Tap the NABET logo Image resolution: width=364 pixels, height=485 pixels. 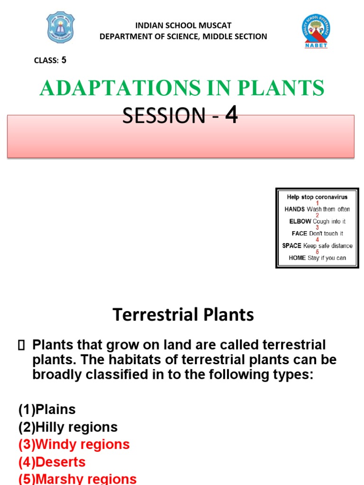coord(316,31)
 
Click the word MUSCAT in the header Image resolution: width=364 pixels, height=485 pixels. coord(214,26)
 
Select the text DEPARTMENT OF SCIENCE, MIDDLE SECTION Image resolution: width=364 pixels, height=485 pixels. coord(183,36)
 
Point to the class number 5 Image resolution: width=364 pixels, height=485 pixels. coord(64,60)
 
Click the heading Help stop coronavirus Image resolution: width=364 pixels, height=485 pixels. coord(317,197)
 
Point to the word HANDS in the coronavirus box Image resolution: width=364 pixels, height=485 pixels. coord(294,209)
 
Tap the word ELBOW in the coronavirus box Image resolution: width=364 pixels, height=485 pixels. coord(300,221)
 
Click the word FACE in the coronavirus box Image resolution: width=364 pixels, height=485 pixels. coord(299,234)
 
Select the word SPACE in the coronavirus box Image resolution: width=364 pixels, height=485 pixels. coord(291,246)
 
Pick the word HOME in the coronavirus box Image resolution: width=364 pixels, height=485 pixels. coord(297,258)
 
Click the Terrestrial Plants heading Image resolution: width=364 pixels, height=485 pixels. coord(183,314)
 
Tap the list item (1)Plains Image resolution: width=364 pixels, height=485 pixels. coord(47,409)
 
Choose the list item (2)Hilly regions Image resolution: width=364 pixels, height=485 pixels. coord(68,427)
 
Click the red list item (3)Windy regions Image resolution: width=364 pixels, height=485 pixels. coord(74,444)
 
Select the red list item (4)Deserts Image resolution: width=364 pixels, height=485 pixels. coord(52,462)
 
